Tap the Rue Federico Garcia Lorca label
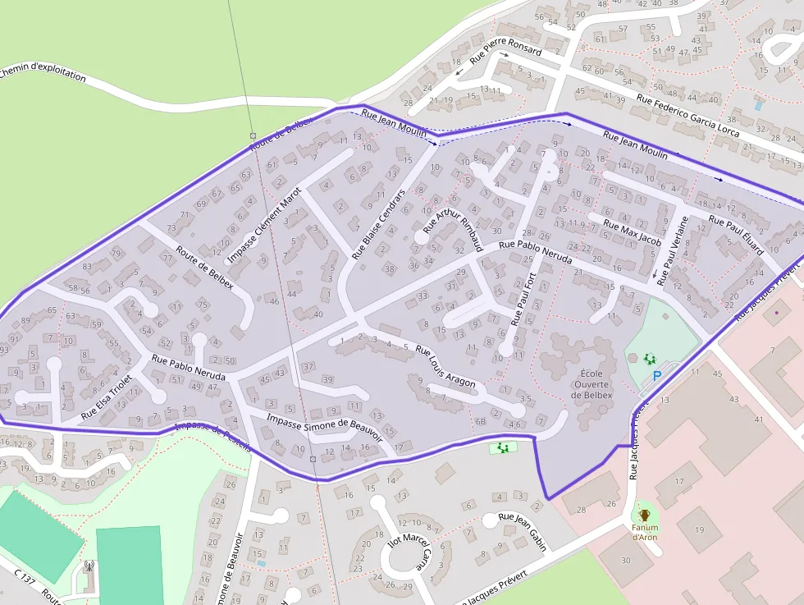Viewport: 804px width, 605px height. [688, 116]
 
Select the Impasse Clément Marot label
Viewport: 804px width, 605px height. [265, 224]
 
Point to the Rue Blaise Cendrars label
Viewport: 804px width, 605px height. [378, 224]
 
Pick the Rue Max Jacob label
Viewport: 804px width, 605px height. [632, 231]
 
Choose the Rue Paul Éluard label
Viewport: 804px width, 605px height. [736, 235]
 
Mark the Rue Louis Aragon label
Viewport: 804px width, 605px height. [445, 365]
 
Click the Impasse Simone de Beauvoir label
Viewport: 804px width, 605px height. [325, 428]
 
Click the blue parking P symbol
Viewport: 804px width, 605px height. [656, 376]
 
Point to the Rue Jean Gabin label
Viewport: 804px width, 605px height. [523, 528]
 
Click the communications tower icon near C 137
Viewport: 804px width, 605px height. [89, 566]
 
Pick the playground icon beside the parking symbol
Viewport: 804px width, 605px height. [650, 359]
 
